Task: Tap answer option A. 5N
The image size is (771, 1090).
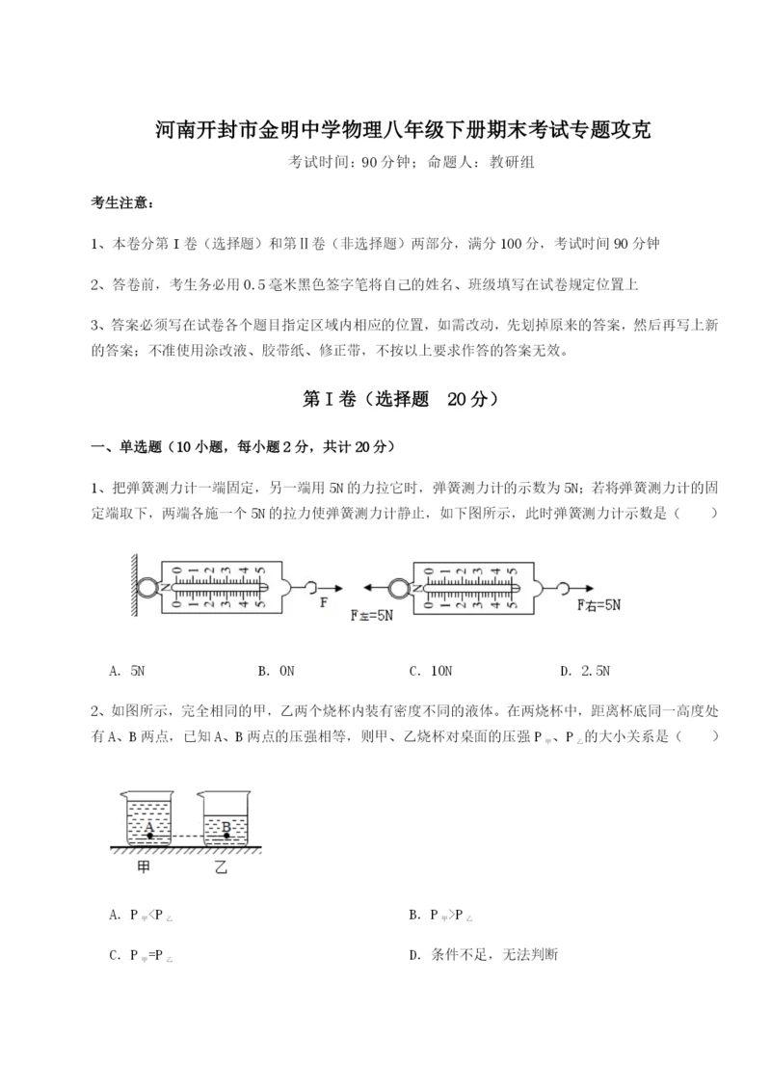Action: click(128, 671)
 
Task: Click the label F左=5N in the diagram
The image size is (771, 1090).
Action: click(372, 614)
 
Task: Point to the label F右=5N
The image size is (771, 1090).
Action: click(600, 605)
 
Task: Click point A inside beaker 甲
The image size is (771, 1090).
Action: click(150, 828)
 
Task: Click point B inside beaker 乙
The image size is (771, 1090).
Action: click(226, 828)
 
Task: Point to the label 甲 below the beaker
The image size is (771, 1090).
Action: click(147, 867)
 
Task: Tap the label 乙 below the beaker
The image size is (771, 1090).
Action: click(222, 867)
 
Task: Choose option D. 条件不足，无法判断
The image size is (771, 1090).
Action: click(484, 955)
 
